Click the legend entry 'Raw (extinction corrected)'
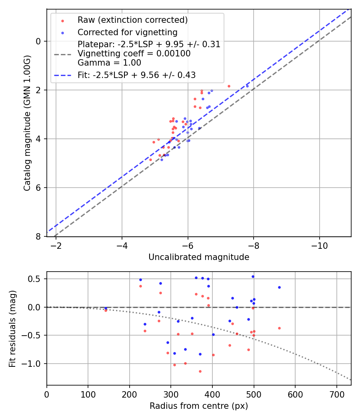(x=132, y=20)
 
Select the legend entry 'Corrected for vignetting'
(x=128, y=32)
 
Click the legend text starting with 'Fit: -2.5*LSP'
(x=136, y=74)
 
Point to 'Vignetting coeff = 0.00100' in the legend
(x=134, y=53)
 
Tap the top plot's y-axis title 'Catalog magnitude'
(x=27, y=122)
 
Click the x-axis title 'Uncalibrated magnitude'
(x=199, y=257)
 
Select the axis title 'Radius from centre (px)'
(x=199, y=406)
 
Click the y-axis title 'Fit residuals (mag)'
(x=13, y=328)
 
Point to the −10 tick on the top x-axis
(x=319, y=245)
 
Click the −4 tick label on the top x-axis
(x=122, y=245)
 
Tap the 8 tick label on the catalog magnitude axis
(x=38, y=236)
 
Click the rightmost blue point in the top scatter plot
(x=247, y=86)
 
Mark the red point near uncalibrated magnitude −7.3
(x=229, y=86)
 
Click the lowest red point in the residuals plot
(x=200, y=371)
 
